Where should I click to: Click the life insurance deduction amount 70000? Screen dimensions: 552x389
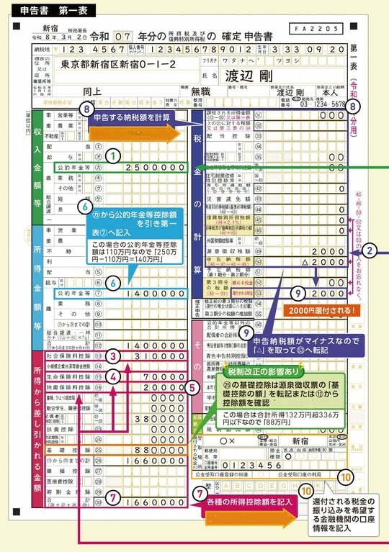[x=170, y=376]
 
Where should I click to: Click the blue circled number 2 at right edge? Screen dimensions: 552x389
[x=369, y=251]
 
